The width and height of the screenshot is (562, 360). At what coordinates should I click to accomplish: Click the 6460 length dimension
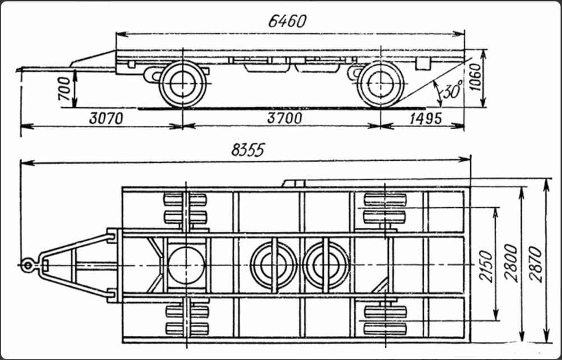287,21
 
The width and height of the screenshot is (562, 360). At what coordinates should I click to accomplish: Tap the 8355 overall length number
248,149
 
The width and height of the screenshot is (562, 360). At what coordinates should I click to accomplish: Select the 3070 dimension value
106,118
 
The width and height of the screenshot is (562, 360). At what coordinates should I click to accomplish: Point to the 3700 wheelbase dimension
285,118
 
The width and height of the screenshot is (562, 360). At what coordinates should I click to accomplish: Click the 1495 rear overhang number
425,118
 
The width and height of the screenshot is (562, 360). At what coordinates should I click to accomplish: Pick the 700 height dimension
65,88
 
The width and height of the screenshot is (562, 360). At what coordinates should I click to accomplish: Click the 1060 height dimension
475,77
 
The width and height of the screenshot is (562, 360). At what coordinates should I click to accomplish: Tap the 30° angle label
452,89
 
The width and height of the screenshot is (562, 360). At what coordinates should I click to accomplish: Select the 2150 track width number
486,266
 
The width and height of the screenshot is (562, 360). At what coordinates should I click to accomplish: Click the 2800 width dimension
511,263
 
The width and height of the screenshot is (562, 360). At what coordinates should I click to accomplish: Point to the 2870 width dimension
535,264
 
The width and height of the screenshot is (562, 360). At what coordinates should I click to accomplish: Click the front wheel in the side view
183,84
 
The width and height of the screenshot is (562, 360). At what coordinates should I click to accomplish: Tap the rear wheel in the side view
380,84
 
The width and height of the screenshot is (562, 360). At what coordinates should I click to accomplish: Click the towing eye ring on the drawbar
27,265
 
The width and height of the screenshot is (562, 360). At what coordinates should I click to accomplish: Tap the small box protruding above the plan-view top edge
293,184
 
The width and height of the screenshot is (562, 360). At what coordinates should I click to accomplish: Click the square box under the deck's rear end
422,64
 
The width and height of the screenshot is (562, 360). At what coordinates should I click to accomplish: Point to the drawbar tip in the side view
18,69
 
